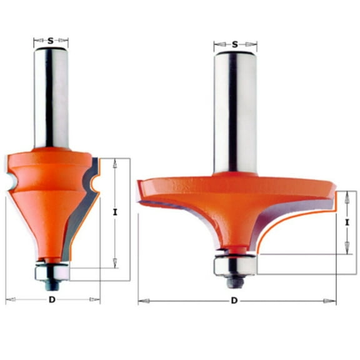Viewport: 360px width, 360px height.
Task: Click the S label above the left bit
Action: tap(51, 41)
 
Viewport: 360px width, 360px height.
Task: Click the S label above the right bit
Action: tap(235, 44)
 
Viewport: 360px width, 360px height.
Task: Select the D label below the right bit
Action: tap(234, 301)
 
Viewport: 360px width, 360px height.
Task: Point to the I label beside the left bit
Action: tap(115, 212)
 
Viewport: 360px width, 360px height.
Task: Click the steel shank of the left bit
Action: tap(51, 100)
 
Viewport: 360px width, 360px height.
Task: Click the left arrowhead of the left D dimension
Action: tap(8, 300)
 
